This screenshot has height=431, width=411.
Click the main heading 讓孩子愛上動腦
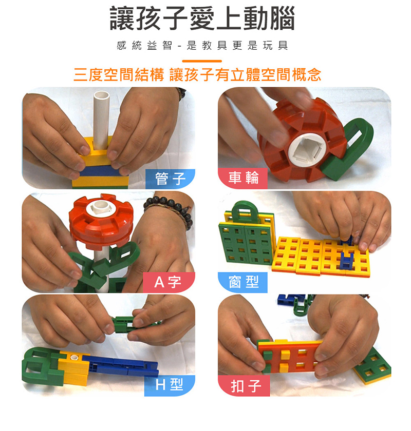(x=202, y=18)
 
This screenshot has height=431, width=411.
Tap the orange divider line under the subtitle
(x=202, y=61)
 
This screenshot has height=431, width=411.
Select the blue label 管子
(x=171, y=179)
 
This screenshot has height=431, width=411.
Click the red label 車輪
(x=243, y=179)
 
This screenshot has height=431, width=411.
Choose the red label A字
(x=169, y=282)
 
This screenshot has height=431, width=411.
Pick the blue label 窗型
(x=243, y=282)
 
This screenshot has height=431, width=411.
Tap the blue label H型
(x=170, y=385)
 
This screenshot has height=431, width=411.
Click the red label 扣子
(x=244, y=386)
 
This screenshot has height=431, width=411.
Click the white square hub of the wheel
(x=306, y=149)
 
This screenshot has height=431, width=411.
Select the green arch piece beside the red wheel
(x=347, y=148)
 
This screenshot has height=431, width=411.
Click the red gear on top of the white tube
(x=101, y=220)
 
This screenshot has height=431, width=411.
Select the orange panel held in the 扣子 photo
(x=289, y=357)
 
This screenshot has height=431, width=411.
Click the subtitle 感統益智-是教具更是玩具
(x=202, y=46)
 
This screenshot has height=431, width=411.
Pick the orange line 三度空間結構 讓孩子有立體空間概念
(x=197, y=74)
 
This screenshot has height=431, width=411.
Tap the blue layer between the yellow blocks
(x=99, y=171)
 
